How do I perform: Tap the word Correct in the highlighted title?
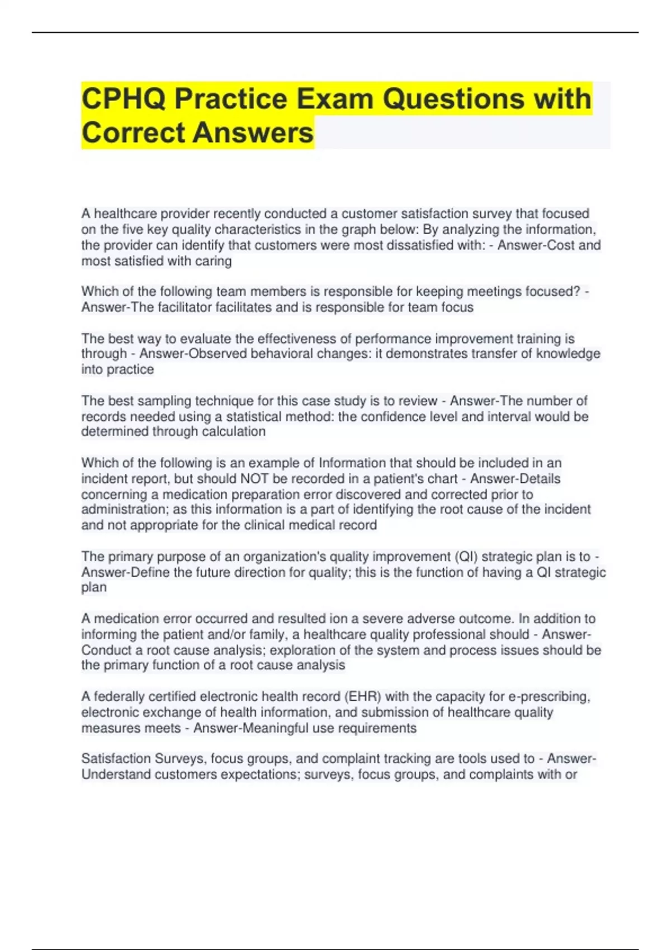(133, 133)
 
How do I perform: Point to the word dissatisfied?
(410, 245)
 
